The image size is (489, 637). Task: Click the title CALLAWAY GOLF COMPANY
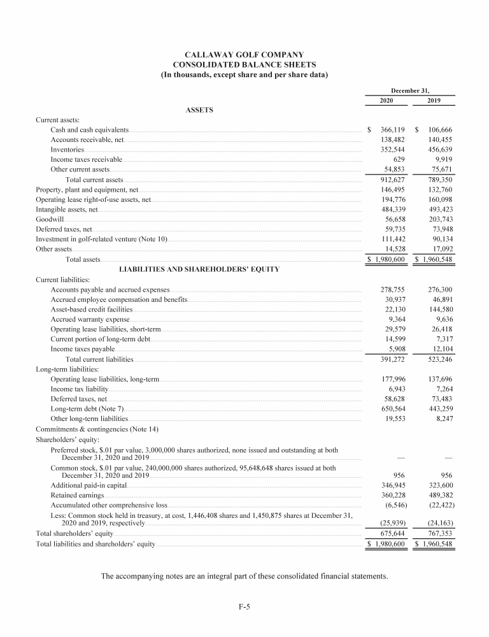coord(244,55)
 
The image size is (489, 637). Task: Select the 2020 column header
coord(386,101)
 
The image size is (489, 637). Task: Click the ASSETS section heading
coord(199,110)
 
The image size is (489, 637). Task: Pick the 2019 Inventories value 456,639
coord(440,150)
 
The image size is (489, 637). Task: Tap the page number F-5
coord(244,607)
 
